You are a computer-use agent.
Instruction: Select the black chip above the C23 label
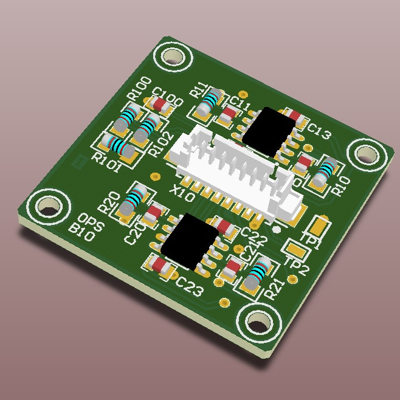[x=190, y=242]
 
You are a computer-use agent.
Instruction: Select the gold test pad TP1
[x=318, y=226]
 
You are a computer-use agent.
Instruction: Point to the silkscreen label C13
[x=318, y=131]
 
